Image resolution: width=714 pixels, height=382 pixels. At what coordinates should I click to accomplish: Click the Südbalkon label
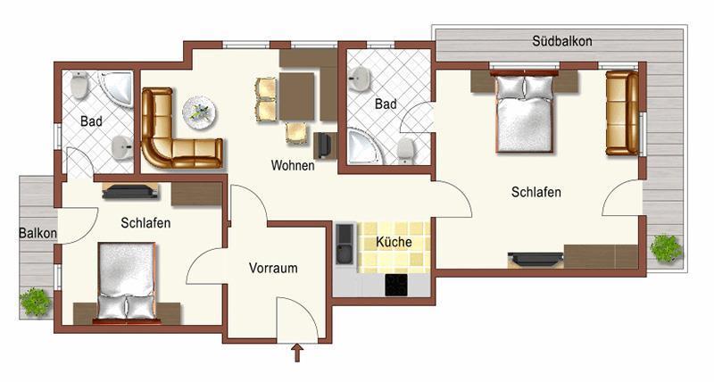point(562,41)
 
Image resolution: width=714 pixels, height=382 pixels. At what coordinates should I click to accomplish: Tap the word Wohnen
point(293,165)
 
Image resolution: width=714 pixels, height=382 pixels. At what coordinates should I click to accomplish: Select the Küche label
point(394,242)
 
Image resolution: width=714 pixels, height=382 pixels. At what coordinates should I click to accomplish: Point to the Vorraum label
point(273,268)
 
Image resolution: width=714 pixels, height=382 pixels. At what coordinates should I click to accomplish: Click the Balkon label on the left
point(37,233)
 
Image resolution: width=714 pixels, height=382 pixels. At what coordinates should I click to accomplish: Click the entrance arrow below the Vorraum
point(297,353)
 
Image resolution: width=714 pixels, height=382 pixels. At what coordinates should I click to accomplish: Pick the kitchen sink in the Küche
point(345,244)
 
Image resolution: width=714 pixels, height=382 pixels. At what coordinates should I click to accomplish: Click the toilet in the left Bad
point(79,85)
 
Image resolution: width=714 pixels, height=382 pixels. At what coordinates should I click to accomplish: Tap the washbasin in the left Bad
point(122,147)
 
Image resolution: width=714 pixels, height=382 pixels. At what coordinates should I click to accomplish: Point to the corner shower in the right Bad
point(364,146)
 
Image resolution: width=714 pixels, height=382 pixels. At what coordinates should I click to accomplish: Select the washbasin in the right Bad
point(360,79)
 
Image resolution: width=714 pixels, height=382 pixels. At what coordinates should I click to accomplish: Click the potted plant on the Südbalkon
point(666,249)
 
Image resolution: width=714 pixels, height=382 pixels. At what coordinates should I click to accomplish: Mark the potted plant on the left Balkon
point(35,302)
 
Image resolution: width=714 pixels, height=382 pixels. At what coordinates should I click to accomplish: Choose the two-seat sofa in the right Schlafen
point(622,113)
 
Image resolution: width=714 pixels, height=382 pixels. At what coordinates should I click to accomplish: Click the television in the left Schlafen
point(129,192)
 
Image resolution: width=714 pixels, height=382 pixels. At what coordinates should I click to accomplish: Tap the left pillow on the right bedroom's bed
point(510,87)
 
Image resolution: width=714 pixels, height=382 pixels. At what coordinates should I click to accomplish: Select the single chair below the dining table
point(296,133)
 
